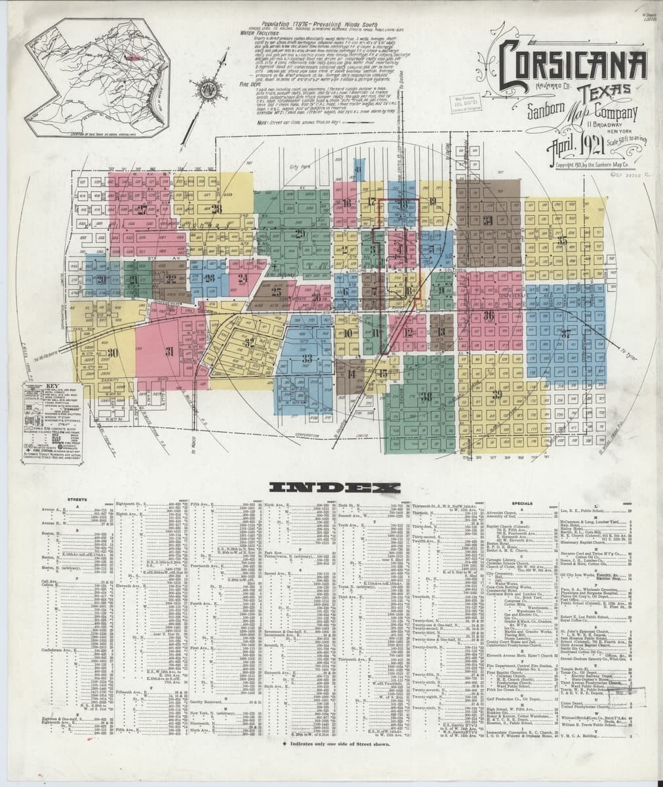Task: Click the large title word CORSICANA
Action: point(573,66)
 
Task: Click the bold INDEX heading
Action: point(335,487)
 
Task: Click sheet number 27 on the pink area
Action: point(143,209)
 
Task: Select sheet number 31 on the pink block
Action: point(169,352)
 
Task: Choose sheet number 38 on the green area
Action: point(427,396)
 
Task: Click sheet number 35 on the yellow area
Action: point(563,241)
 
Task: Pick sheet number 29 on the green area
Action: point(300,233)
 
